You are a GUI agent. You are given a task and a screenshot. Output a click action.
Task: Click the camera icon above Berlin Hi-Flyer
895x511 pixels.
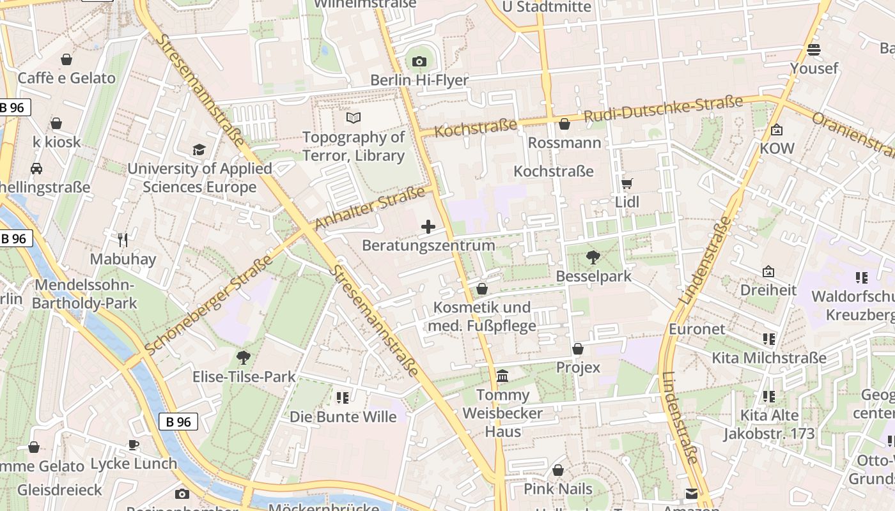pos(419,61)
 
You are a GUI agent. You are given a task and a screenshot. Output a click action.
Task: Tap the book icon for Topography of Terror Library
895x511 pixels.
pos(354,118)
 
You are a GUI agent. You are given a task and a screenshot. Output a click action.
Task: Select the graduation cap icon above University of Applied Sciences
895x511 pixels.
pos(199,149)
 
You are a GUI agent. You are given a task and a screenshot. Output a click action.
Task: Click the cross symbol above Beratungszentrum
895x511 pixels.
pos(428,227)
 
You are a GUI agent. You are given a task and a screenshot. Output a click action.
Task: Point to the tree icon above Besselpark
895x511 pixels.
pos(593,257)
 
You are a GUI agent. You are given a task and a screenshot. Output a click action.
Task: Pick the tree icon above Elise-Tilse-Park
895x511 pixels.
pos(244,358)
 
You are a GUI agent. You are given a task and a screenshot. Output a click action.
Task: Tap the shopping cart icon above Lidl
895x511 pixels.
pos(627,183)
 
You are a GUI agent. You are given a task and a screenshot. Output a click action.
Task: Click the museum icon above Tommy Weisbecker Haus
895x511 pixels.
pos(502,376)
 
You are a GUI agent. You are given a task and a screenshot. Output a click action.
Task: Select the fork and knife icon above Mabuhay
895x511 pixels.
pos(123,240)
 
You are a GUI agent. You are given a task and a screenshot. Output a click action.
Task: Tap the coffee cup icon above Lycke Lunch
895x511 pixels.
pos(134,445)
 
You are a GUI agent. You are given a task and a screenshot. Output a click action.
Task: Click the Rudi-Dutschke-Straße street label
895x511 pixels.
pos(663,110)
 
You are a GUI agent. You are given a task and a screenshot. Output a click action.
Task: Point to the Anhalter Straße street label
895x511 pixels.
pos(370,209)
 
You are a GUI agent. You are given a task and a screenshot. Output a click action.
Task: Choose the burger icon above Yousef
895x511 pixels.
pos(814,49)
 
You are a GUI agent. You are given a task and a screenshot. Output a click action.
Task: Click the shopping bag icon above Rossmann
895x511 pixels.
pos(564,123)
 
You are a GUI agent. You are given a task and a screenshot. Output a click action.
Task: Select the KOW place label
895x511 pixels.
pos(777,148)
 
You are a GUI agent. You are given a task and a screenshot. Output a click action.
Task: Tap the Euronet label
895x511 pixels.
pos(697,329)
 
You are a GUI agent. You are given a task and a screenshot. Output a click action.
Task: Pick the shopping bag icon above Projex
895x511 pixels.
pos(578,349)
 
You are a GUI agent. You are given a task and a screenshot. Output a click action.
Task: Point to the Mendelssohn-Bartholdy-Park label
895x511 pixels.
pos(84,294)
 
